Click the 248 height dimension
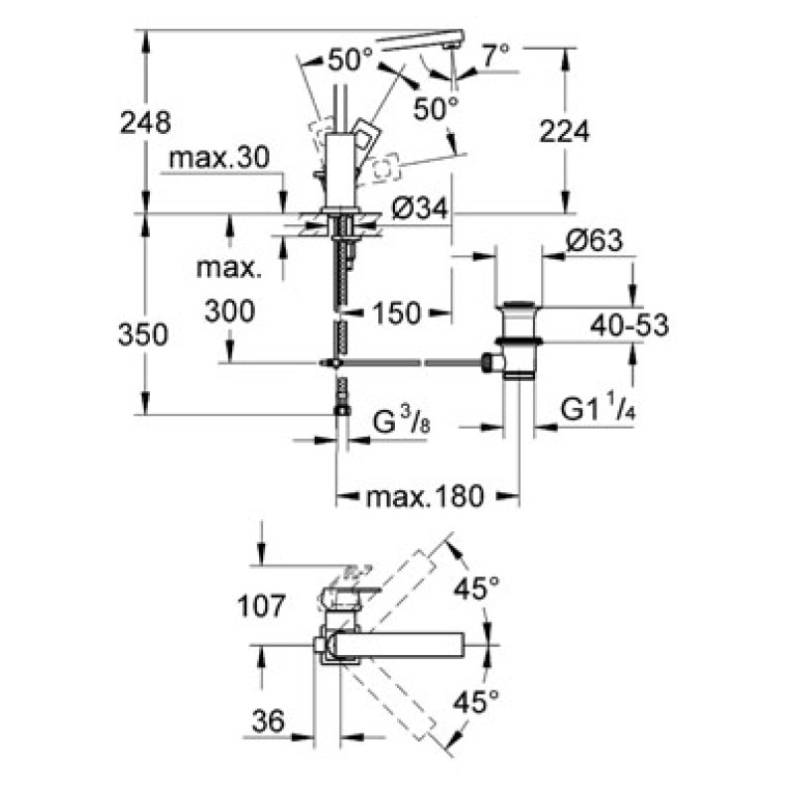145,122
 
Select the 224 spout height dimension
564,130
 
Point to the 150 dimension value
398,313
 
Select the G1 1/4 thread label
598,409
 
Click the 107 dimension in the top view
261,604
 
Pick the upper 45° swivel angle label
476,589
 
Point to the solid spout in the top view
397,645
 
